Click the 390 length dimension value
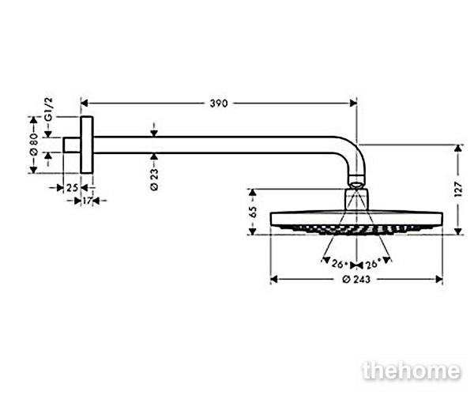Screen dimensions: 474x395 coord(219,103)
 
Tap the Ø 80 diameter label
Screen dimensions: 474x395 coord(33,144)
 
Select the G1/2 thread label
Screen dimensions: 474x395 coord(49,109)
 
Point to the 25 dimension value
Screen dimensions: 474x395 coord(72,188)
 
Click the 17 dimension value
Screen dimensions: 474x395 coord(87,201)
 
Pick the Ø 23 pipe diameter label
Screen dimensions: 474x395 coord(154,179)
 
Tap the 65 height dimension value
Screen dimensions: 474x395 coord(253,212)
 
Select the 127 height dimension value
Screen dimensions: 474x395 coord(458,190)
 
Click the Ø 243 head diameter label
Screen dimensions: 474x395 coord(356,280)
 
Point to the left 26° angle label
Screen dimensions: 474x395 coord(337,264)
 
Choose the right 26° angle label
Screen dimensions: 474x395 coord(371,265)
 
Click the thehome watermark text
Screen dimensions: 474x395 coord(412,371)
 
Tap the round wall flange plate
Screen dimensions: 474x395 coord(87,145)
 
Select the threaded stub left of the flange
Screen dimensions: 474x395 coord(72,145)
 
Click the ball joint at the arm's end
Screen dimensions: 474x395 coord(357,182)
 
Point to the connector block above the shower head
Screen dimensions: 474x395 coord(357,200)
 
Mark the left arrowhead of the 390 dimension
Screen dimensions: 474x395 coord(85,103)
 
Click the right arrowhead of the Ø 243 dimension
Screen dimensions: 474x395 coord(439,279)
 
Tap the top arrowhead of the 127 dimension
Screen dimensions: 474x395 coord(458,148)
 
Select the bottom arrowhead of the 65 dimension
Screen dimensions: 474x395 coord(253,231)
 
